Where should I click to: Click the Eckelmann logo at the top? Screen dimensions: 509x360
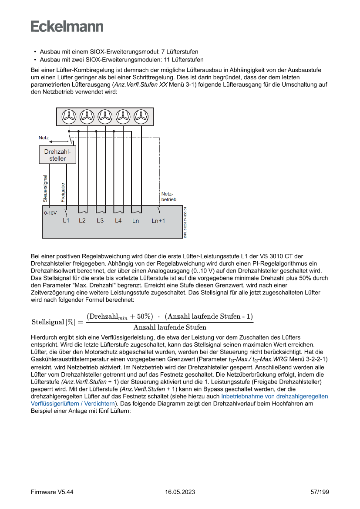coord(67,26)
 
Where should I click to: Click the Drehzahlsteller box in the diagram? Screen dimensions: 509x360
coord(57,155)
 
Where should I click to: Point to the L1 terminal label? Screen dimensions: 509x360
coord(66,221)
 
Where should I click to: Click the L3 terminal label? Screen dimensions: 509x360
coord(100,221)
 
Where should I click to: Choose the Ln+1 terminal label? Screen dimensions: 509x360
coord(158,221)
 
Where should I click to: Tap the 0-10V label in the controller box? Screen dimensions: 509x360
coord(50,214)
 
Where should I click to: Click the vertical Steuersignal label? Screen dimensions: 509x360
coord(45,189)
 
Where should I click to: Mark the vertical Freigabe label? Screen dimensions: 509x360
coord(63,192)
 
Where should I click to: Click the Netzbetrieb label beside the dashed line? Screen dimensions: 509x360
coord(168,196)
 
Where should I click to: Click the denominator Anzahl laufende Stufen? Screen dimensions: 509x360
coord(170,327)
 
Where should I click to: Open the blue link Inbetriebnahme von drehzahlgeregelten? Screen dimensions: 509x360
coord(274,397)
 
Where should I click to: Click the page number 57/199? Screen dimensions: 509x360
coord(320,492)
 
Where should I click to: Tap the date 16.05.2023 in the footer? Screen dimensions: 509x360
coord(180,492)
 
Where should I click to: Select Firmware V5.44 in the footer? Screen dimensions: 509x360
coord(52,492)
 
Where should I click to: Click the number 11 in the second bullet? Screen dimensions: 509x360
coord(167,60)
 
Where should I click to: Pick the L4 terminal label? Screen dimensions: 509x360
coord(118,221)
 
